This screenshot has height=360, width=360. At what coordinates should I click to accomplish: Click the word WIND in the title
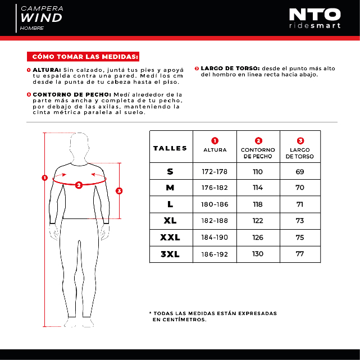(42, 18)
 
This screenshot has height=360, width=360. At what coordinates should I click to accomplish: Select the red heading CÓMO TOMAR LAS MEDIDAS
(85, 57)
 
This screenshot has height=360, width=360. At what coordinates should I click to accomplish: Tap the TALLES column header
(170, 148)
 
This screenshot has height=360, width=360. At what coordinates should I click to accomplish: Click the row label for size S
(170, 172)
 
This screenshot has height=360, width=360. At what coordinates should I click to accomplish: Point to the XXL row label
(170, 237)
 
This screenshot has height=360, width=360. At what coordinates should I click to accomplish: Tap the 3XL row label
(170, 254)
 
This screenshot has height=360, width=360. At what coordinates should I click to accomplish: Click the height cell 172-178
(215, 172)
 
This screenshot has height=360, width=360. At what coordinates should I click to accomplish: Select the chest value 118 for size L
(258, 204)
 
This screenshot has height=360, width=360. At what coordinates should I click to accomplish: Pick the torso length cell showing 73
(300, 221)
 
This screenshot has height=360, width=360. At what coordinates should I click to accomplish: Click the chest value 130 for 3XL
(258, 254)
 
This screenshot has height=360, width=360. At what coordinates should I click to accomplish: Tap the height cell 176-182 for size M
(215, 188)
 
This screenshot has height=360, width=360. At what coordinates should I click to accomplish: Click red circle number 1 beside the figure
(44, 179)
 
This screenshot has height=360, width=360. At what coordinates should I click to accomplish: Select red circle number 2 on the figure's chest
(79, 185)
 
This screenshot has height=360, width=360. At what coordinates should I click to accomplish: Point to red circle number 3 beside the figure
(119, 190)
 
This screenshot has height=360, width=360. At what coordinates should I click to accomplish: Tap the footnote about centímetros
(213, 316)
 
